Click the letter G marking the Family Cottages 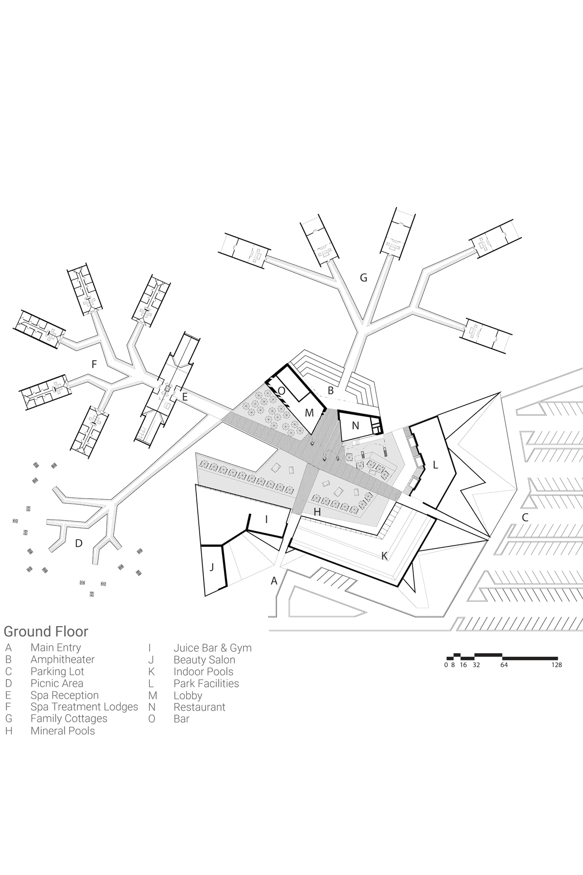363,278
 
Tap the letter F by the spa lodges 94,364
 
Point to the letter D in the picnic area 79,543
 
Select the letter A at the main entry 274,580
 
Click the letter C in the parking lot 525,518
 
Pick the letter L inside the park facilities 435,465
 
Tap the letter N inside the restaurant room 355,426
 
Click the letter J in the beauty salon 211,567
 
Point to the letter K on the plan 384,556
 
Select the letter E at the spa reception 185,397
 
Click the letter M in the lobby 309,413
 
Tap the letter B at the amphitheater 330,390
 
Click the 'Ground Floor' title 46,631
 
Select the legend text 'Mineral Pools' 63,731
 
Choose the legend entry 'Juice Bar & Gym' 213,648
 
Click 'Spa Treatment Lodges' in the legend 85,707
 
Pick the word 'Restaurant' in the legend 200,707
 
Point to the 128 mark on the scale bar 557,665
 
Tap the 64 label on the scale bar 504,665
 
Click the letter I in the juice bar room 266,519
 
